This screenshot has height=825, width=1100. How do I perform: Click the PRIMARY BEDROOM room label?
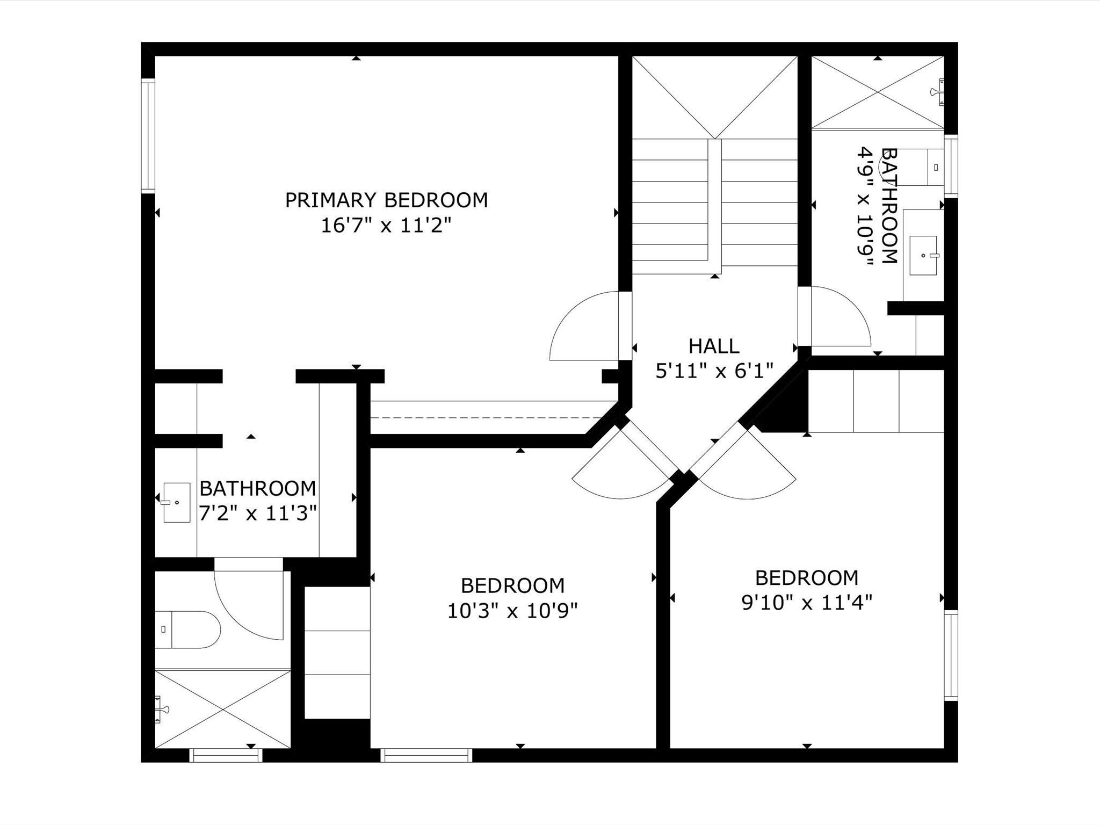coord(386,200)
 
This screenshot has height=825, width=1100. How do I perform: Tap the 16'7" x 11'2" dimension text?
coord(386,226)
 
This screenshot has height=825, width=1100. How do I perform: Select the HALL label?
coord(714,346)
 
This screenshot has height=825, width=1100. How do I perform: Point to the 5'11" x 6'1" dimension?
coord(714,371)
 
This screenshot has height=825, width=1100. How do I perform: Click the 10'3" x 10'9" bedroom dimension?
coord(512,610)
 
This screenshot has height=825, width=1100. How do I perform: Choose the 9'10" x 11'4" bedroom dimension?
coord(807,603)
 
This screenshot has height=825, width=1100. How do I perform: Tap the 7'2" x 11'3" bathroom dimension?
coord(257,513)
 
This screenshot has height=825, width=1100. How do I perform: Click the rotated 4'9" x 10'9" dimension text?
coord(865,207)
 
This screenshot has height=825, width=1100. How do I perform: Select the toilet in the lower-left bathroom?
coord(188,629)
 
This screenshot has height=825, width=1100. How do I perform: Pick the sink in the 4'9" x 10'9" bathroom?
coord(924,255)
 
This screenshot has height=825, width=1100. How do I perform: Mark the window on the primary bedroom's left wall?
coord(148,136)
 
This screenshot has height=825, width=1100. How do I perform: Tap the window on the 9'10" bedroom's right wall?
coord(951,655)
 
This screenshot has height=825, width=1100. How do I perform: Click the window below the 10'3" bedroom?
coord(426,755)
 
